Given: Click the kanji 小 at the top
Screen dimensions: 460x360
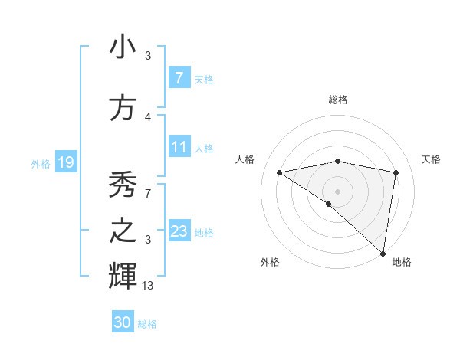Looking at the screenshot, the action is [123, 47].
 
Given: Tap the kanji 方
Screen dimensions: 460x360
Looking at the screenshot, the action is [123, 107].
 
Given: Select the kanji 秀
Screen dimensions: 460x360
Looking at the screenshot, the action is [123, 184].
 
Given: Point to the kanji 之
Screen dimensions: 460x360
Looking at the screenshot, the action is [123, 231].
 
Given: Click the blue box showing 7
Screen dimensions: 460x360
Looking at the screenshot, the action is [179, 77].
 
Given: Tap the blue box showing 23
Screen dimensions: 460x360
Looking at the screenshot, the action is [179, 231].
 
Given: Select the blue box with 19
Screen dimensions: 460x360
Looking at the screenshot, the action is [66, 162].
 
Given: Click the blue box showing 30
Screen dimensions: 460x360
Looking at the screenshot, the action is [123, 322].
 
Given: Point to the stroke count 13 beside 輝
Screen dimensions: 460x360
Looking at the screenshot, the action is [147, 286].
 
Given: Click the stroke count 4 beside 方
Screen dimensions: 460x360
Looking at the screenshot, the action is [147, 116].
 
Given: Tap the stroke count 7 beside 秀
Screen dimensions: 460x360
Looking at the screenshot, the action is [147, 192].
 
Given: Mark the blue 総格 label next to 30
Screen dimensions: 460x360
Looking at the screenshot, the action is [147, 324].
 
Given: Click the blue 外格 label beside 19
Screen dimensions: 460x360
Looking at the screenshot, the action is [40, 163].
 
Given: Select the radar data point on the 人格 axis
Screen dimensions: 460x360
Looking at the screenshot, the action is [280, 172].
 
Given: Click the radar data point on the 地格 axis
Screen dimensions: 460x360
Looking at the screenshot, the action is [383, 253].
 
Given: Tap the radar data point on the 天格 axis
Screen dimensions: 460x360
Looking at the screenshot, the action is [396, 172].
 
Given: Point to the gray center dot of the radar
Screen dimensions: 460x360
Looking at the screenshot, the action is [337, 190].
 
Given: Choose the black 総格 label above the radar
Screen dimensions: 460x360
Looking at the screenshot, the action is [337, 100].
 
